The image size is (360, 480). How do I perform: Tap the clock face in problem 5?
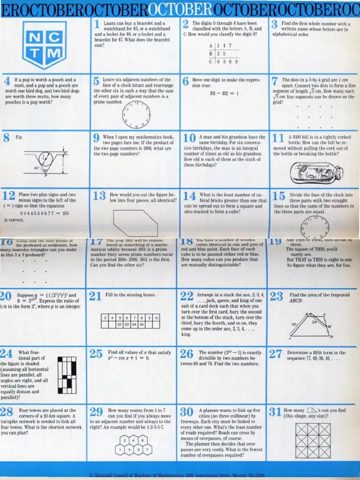[x=136, y=114]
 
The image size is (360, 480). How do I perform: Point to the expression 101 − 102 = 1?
[x=225, y=93]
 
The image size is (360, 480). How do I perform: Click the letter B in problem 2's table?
[x=211, y=54]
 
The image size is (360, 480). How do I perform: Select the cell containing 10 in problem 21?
[x=157, y=318]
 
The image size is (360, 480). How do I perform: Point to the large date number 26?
[x=186, y=354]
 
